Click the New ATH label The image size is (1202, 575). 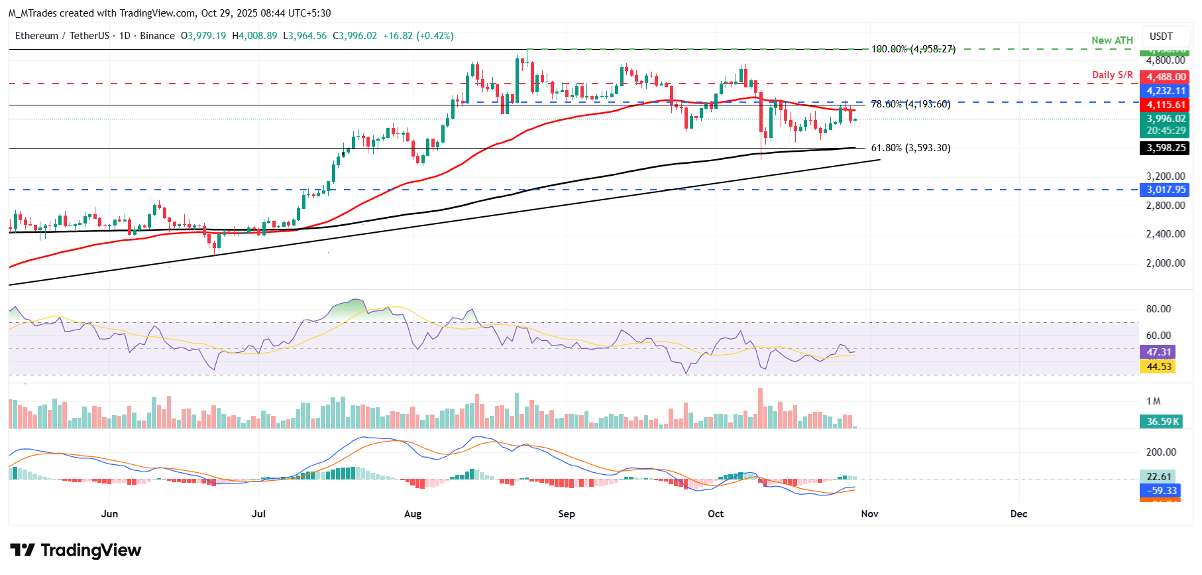(1112, 40)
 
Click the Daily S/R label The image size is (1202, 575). (1112, 75)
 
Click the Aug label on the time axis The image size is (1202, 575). (412, 514)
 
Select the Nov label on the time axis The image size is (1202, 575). (869, 514)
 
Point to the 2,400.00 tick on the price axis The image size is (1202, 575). (1166, 234)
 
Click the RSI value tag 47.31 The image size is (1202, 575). (1158, 352)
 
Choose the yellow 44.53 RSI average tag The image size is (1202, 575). (1158, 367)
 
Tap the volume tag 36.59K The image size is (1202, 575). (1163, 422)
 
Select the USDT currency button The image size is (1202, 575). (1161, 36)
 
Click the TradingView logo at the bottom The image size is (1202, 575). (76, 550)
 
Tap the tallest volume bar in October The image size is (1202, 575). (760, 408)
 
